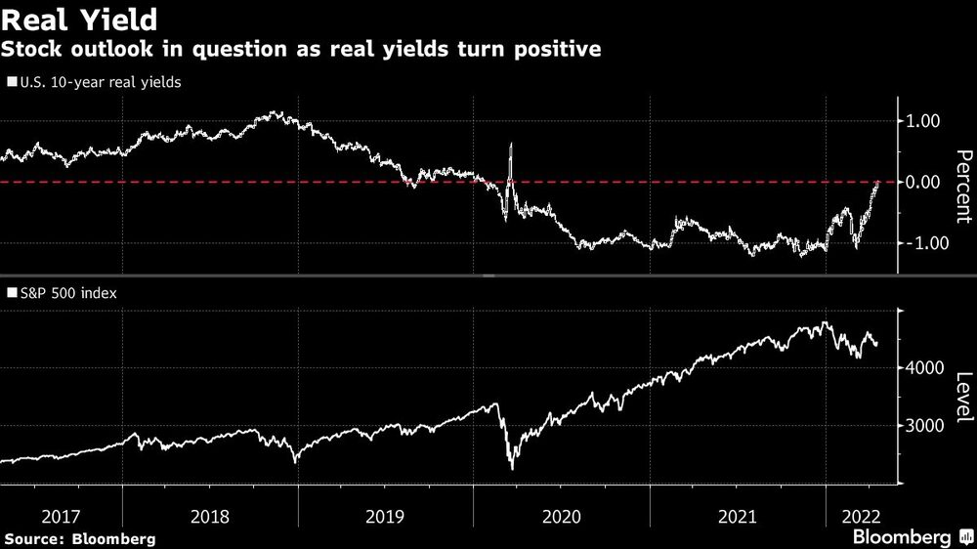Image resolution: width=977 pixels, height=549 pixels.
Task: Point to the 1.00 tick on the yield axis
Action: (923, 121)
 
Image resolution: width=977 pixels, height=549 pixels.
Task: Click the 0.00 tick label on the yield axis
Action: (923, 182)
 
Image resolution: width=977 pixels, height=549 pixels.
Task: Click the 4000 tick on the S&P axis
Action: (923, 368)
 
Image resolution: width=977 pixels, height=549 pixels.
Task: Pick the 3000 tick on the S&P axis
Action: (923, 426)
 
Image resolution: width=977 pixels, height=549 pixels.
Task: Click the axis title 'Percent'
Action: (962, 182)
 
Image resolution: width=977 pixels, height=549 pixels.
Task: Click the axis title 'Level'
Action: (962, 398)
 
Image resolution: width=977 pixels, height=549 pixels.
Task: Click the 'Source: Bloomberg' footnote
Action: (79, 538)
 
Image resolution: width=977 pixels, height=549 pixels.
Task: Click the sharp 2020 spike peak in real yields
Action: (511, 145)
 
